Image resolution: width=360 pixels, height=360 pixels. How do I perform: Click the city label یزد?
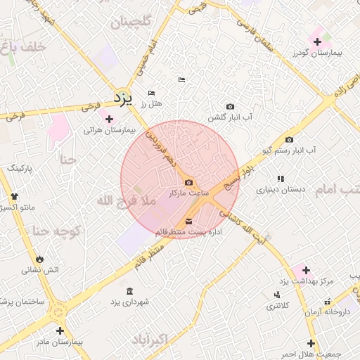coord(123,98)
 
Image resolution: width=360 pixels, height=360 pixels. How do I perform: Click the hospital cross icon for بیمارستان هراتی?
coord(108,119)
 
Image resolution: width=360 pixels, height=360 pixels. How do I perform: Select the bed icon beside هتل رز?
coord(150,94)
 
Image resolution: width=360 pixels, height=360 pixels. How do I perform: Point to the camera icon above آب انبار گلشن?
coord(230,106)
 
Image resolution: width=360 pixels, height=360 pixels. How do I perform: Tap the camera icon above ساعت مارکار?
coord(188,183)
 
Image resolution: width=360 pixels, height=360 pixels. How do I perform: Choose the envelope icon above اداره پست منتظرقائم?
coord(188,222)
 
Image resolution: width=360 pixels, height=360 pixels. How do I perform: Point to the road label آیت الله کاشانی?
coord(242,224)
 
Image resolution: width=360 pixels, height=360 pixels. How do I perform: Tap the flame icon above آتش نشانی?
coord(39,258)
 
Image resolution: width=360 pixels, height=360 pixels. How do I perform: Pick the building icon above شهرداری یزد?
coord(129,291)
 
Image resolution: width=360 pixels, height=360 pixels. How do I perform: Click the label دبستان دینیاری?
coord(281,190)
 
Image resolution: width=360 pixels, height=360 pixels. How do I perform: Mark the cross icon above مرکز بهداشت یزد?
coord(305,270)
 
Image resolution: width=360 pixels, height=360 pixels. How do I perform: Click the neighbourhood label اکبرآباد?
coord(167,341)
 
